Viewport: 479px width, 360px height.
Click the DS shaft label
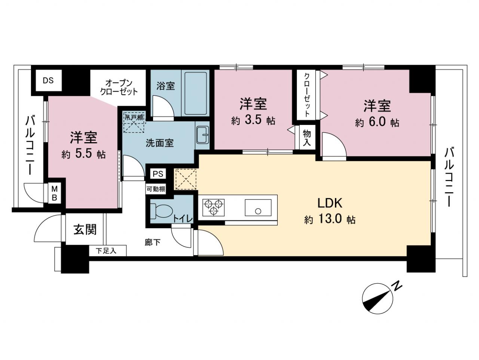48,81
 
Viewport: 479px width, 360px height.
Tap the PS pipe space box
158,174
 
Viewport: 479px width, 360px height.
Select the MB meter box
54,193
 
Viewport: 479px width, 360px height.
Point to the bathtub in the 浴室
195,94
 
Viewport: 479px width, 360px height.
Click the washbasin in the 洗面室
202,135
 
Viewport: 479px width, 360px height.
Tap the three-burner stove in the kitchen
213,207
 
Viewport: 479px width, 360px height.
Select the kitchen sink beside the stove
258,207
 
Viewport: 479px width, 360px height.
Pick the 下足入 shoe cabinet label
106,251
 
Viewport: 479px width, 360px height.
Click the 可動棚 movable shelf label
156,189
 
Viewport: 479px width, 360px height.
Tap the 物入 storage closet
307,137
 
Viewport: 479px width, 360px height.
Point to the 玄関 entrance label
85,229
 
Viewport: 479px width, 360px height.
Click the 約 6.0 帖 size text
377,123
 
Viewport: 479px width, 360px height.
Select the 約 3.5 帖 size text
253,120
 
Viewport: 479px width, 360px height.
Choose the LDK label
330,203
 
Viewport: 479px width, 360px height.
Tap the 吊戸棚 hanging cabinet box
134,122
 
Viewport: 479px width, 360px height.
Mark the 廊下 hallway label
153,242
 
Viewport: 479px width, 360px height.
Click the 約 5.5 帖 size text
83,155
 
